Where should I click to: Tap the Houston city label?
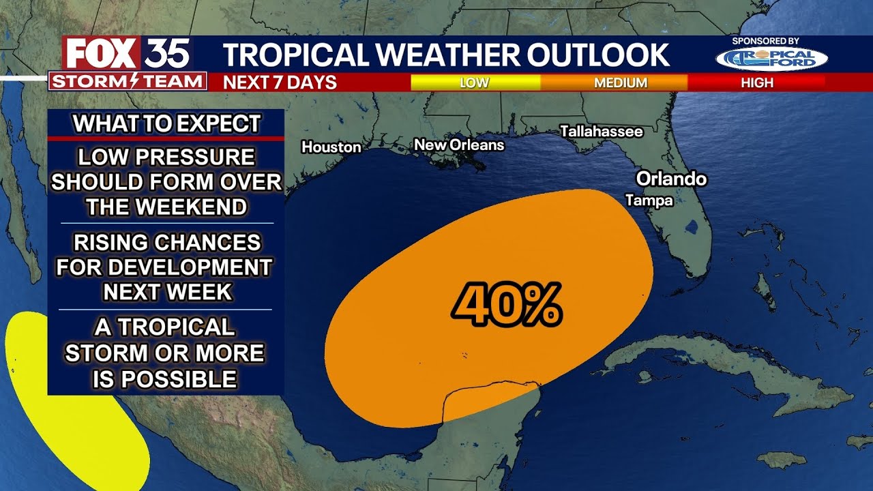[331, 147]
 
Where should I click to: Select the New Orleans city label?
[459, 145]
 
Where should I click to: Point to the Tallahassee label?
[601, 131]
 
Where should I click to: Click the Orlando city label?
[671, 179]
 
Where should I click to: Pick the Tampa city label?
[649, 200]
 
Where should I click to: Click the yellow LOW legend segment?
[475, 83]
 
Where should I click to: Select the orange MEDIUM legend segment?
[620, 83]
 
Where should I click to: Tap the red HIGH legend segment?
[757, 83]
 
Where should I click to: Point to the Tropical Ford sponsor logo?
[771, 59]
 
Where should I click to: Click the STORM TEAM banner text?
[128, 82]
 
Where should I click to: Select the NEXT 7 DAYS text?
[280, 83]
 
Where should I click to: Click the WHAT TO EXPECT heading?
[166, 123]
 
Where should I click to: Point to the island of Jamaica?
[781, 460]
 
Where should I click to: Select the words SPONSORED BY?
[765, 41]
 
